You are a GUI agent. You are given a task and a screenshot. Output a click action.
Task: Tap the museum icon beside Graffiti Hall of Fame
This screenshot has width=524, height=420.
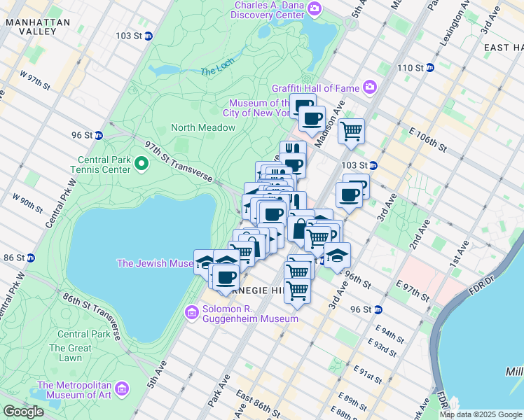pos(370,88)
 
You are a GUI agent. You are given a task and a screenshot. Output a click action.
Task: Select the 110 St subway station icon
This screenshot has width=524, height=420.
pos(430,68)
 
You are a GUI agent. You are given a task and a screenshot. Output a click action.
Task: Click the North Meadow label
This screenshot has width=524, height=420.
pos(203,127)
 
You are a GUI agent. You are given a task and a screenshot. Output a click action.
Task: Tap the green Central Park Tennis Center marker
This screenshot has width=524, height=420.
pos(141,164)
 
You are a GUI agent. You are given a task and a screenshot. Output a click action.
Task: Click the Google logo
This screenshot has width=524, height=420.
pos(23,412)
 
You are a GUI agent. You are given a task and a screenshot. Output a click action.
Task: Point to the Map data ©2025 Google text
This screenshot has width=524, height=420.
pos(481,414)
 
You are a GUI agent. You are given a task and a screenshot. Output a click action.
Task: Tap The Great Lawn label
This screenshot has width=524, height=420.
pos(70,353)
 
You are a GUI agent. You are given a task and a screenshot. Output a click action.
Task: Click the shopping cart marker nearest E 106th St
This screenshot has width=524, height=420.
pos(351,130)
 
